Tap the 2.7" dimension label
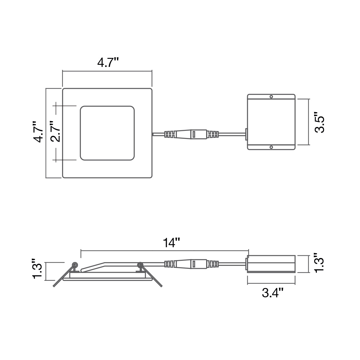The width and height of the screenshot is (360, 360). click(x=55, y=131)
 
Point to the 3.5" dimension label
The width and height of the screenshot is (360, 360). click(x=319, y=122)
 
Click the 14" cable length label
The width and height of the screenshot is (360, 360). click(x=171, y=243)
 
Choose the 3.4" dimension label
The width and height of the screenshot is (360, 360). click(x=273, y=293)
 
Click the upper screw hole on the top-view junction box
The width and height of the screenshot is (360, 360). click(x=271, y=97)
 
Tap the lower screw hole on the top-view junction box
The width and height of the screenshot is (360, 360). click(x=271, y=147)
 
